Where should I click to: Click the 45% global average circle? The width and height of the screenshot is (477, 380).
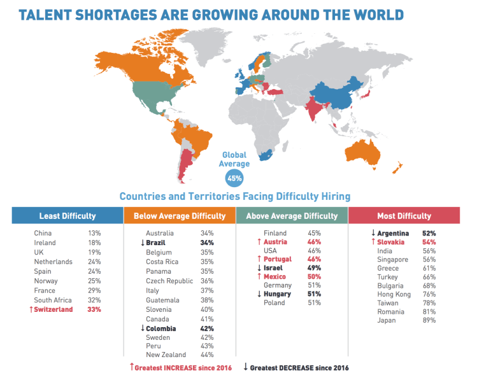236,178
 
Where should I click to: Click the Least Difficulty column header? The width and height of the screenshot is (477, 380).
68,216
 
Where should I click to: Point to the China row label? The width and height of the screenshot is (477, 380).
43,234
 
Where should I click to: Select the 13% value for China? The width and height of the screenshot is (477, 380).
95,234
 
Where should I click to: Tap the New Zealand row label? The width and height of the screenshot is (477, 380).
166,355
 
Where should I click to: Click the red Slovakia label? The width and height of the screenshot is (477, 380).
395,243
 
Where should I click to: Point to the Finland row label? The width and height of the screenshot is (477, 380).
275,234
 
